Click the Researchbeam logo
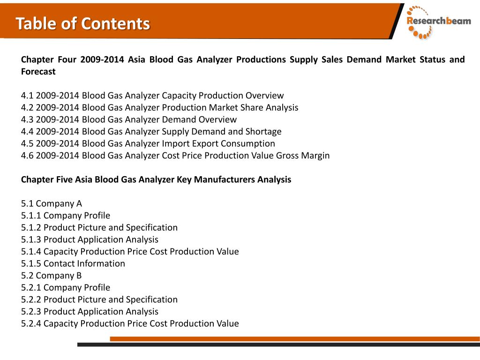pos(438,22)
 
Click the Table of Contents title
pos(83,23)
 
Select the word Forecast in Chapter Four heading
pos(38,72)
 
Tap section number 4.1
pos(27,96)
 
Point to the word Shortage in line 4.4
pos(263,132)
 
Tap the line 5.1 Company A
pos(52,203)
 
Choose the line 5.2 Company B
pos(52,276)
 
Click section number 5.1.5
pos(31,263)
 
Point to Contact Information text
pos(84,263)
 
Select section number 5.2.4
pos(31,323)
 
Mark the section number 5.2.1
pos(31,287)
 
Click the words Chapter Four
pos(45,60)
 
